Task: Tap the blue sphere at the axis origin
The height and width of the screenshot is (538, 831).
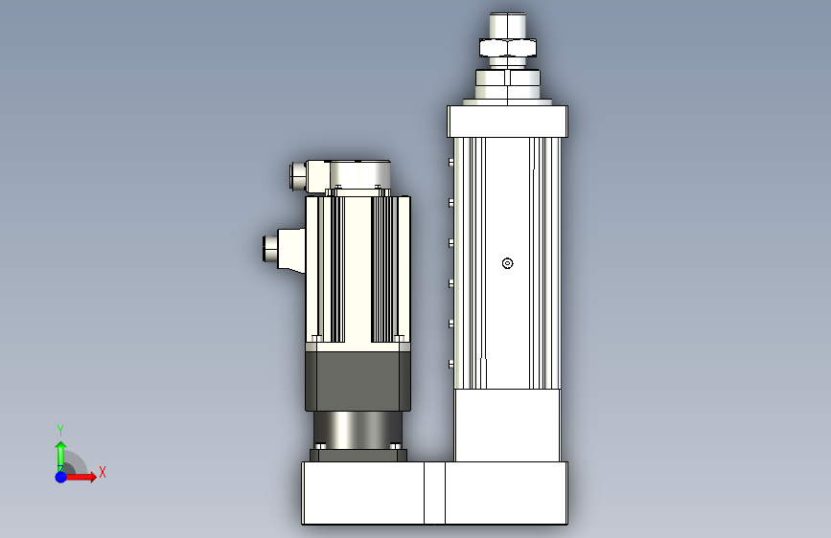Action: pos(60,477)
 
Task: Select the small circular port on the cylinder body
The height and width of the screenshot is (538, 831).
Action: pos(507,263)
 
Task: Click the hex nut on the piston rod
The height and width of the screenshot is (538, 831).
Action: pos(508,48)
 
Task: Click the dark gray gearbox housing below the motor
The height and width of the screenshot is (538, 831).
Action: pos(358,380)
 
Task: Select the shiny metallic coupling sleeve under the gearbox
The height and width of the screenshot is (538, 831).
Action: pos(358,429)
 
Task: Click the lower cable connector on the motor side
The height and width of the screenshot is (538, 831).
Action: pos(285,250)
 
